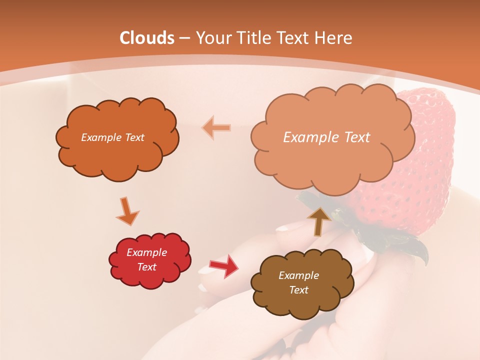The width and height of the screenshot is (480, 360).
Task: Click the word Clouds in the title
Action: tap(146, 38)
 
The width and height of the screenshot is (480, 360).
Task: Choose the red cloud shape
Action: tap(150, 277)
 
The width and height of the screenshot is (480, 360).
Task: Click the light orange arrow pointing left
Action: tap(216, 127)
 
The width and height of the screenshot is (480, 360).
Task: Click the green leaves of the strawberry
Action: tap(400, 245)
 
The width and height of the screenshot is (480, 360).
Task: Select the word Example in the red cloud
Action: tap(146, 252)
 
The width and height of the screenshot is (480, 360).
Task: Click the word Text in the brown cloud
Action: tap(298, 290)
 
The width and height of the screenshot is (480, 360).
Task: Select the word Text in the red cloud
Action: tap(146, 267)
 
